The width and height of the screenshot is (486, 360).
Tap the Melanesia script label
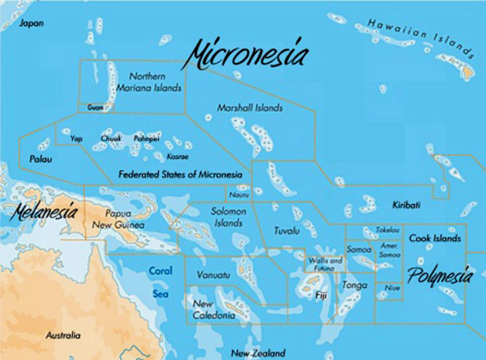[43, 211]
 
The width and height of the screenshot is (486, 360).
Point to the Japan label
[31, 24]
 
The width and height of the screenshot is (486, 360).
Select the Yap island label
[76, 139]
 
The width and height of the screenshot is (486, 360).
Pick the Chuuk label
[111, 139]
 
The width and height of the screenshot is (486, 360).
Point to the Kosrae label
[177, 156]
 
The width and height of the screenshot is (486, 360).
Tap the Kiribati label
[406, 205]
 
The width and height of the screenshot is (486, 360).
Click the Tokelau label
[387, 229]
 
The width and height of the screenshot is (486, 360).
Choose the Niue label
[392, 289]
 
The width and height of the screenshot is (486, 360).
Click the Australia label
[63, 335]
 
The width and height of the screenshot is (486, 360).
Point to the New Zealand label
[258, 353]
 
